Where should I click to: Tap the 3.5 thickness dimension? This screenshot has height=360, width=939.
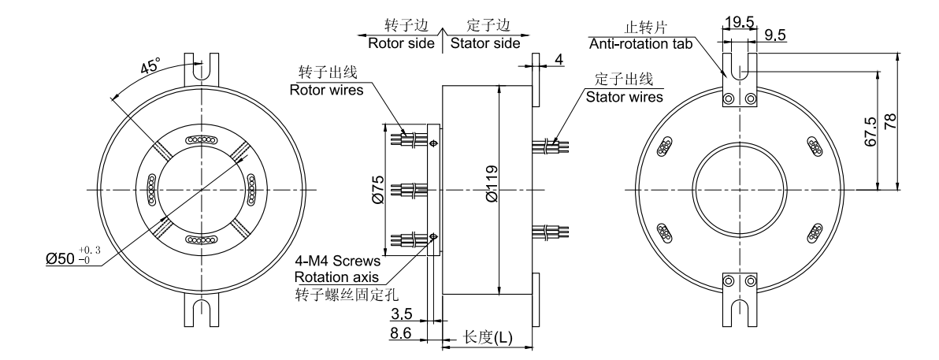click(402, 314)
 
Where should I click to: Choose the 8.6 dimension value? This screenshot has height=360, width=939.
click(402, 334)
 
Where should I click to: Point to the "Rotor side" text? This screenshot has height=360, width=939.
click(401, 43)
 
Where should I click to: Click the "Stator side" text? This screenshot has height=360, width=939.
click(484, 43)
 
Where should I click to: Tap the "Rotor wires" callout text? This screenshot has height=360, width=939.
click(327, 90)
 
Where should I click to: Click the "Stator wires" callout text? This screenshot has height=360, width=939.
click(624, 97)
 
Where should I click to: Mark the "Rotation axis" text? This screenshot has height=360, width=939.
click(337, 277)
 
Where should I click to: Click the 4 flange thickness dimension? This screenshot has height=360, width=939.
click(559, 59)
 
